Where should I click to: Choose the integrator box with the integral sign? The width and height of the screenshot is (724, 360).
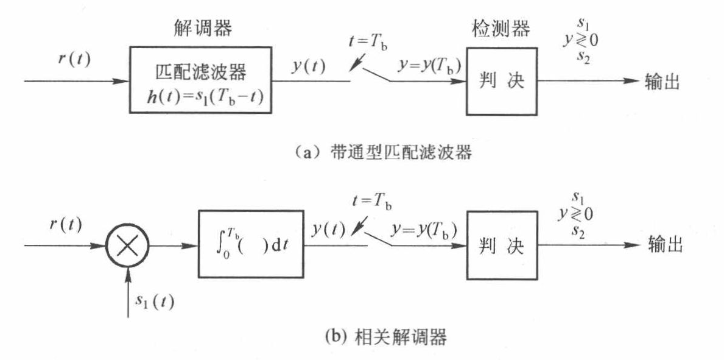tap(250, 245)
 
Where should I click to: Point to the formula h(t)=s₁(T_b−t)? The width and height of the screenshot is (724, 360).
tap(200, 97)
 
